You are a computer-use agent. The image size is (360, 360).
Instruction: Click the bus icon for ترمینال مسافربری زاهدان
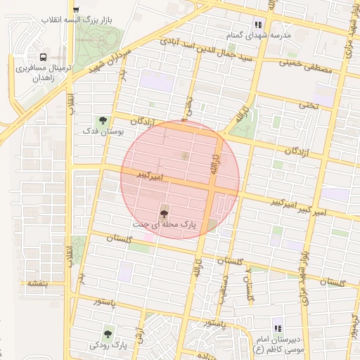pos(44,57)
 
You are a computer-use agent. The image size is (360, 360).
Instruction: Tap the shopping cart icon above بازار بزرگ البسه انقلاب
pos(75,10)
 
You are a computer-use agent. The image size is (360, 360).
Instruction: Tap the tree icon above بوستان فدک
pos(103,120)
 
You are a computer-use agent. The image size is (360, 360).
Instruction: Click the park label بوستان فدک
pos(103,131)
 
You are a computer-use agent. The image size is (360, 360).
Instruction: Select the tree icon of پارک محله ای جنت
pos(164,212)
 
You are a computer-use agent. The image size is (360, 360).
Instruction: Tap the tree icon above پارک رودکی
pos(108,334)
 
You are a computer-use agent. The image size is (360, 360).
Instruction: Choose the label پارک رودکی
pos(108,346)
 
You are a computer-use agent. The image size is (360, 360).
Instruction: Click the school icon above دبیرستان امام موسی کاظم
pos(278,328)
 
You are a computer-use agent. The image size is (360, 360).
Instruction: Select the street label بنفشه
pos(34,284)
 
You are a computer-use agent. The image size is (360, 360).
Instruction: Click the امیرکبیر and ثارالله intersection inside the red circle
pos(212,186)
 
